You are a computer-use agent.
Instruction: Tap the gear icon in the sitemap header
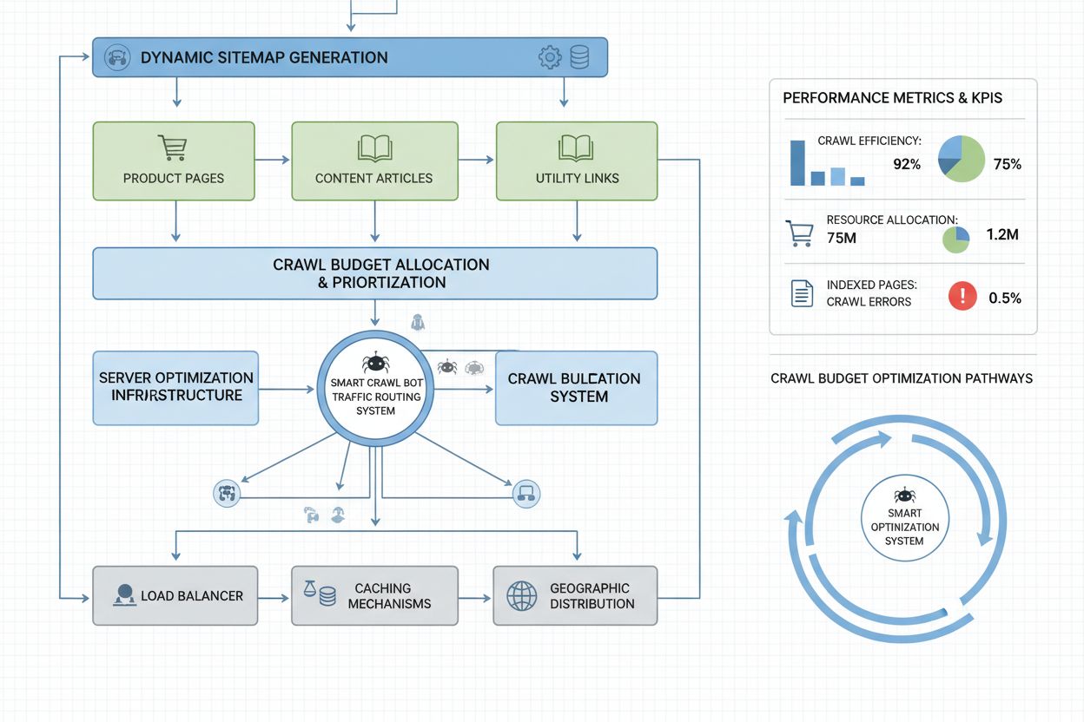point(550,58)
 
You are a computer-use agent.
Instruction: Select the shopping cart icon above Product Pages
point(173,148)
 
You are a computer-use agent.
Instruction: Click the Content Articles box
point(373,161)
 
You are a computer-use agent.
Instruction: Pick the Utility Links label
point(577,178)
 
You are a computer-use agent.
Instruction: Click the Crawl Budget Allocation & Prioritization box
point(374,273)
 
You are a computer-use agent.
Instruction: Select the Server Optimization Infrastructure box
point(175,387)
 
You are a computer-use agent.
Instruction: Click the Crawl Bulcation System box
point(576,387)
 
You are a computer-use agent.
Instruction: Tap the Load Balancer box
point(175,595)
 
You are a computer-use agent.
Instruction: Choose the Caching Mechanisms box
point(374,595)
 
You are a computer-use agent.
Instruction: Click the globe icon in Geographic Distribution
point(522,596)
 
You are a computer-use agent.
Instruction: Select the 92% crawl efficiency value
point(907,164)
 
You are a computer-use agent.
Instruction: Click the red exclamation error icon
point(962,297)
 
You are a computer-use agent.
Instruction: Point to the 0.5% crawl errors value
point(1005,298)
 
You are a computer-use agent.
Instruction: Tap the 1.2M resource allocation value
point(1002,234)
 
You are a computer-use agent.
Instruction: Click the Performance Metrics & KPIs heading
point(892,98)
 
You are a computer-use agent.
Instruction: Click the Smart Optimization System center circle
point(904,521)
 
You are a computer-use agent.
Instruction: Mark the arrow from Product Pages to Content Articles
point(273,160)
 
